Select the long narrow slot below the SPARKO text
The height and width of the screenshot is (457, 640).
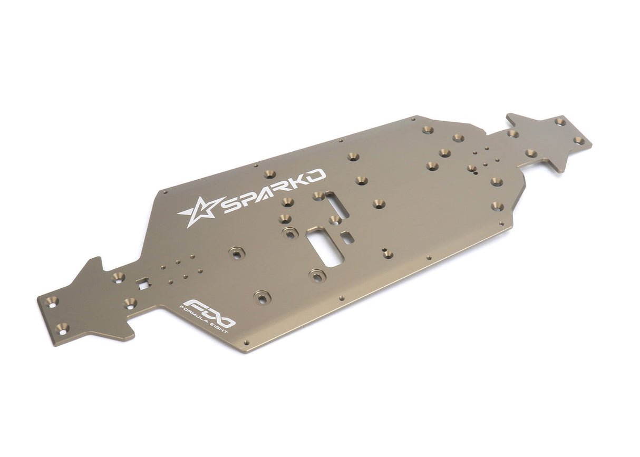click(336, 204)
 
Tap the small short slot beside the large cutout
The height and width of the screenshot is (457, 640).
click(347, 237)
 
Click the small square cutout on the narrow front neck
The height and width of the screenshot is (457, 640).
click(143, 284)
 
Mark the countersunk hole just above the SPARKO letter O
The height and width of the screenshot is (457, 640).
click(270, 174)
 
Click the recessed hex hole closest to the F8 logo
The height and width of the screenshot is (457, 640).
click(261, 297)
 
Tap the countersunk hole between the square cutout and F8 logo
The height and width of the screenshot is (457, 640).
click(130, 303)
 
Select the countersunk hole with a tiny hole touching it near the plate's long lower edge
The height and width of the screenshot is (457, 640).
click(388, 255)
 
